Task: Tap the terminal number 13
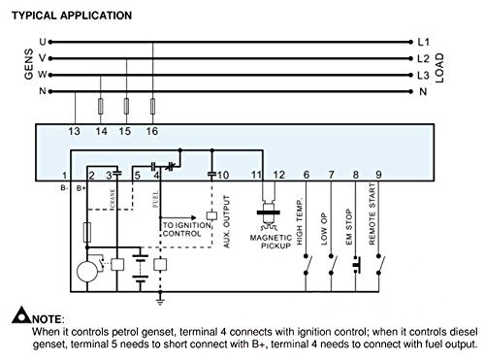[74, 129]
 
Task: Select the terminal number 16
[152, 129]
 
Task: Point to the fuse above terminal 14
[101, 106]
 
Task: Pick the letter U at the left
[42, 42]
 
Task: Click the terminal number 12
[279, 175]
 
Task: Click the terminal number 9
[378, 175]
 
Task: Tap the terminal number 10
[222, 175]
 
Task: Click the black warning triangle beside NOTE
[21, 315]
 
